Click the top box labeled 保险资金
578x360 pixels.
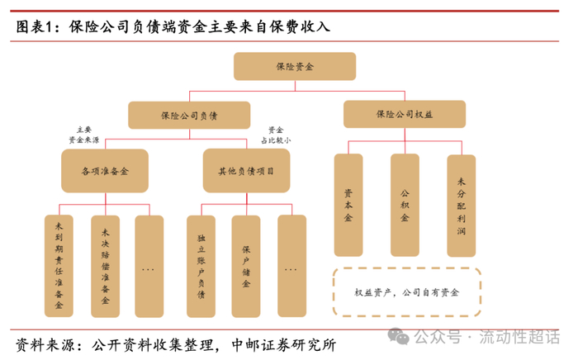point(294,66)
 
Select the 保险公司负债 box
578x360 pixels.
point(189,115)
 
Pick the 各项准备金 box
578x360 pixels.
point(105,172)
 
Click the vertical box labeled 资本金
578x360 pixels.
point(348,204)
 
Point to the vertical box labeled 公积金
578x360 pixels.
point(405,204)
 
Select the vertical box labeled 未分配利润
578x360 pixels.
point(462,204)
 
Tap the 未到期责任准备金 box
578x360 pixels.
point(59,266)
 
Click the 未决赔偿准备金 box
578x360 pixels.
point(105,266)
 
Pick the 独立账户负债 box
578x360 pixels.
point(201,266)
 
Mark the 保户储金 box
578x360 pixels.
point(246,266)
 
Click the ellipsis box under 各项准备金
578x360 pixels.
point(149,266)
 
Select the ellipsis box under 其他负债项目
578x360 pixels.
point(291,266)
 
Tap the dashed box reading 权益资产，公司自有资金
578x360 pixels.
point(406,291)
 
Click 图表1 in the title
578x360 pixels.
point(38,26)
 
